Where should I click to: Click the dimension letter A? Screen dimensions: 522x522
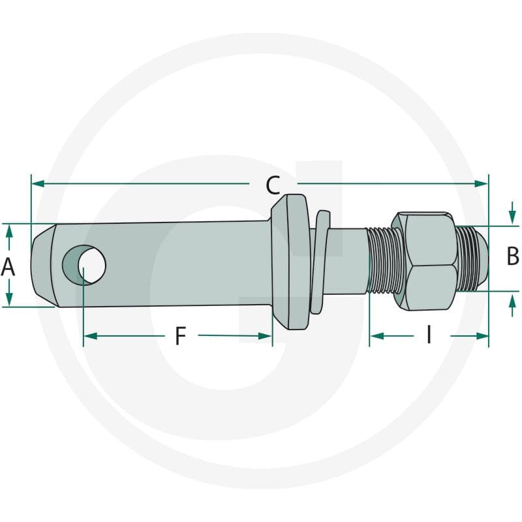[x=8, y=267]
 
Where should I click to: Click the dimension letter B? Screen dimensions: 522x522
[x=513, y=256]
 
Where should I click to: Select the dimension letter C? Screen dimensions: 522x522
[x=273, y=186]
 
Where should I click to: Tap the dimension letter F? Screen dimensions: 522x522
[x=180, y=336]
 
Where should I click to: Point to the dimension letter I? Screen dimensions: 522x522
[x=429, y=335]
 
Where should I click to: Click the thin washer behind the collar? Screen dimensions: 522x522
[x=319, y=262]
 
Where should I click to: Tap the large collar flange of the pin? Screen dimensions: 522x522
[x=291, y=262]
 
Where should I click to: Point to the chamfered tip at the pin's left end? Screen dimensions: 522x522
[x=42, y=266]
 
